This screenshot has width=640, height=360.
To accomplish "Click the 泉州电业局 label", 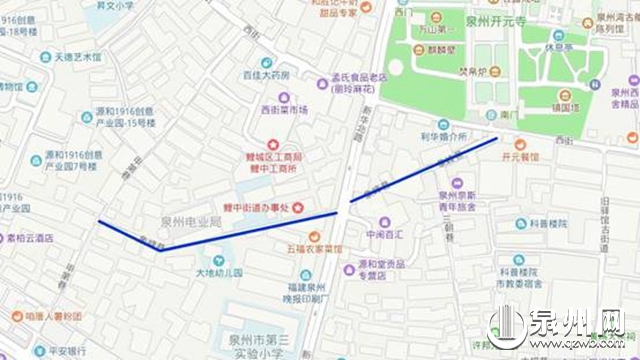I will [x=190, y=220].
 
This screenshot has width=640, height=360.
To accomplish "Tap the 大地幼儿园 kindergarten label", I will [x=219, y=272].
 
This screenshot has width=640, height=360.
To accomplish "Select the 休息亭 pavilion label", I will [x=565, y=46].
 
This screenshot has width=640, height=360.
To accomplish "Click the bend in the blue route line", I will [x=160, y=250].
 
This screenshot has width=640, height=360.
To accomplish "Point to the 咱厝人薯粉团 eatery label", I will [x=52, y=315].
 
